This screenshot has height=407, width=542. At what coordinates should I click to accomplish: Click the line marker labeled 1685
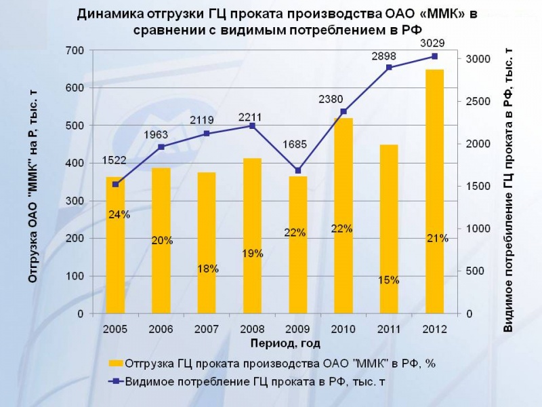pyautogui.click(x=299, y=170)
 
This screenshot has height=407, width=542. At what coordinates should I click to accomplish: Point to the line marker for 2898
pyautogui.click(x=389, y=67)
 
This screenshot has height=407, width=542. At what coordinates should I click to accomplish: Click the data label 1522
pyautogui.click(x=114, y=161)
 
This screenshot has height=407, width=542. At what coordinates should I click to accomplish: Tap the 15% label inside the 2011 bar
pyautogui.click(x=389, y=279)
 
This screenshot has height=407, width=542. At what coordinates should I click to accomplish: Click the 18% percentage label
pyautogui.click(x=207, y=269)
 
